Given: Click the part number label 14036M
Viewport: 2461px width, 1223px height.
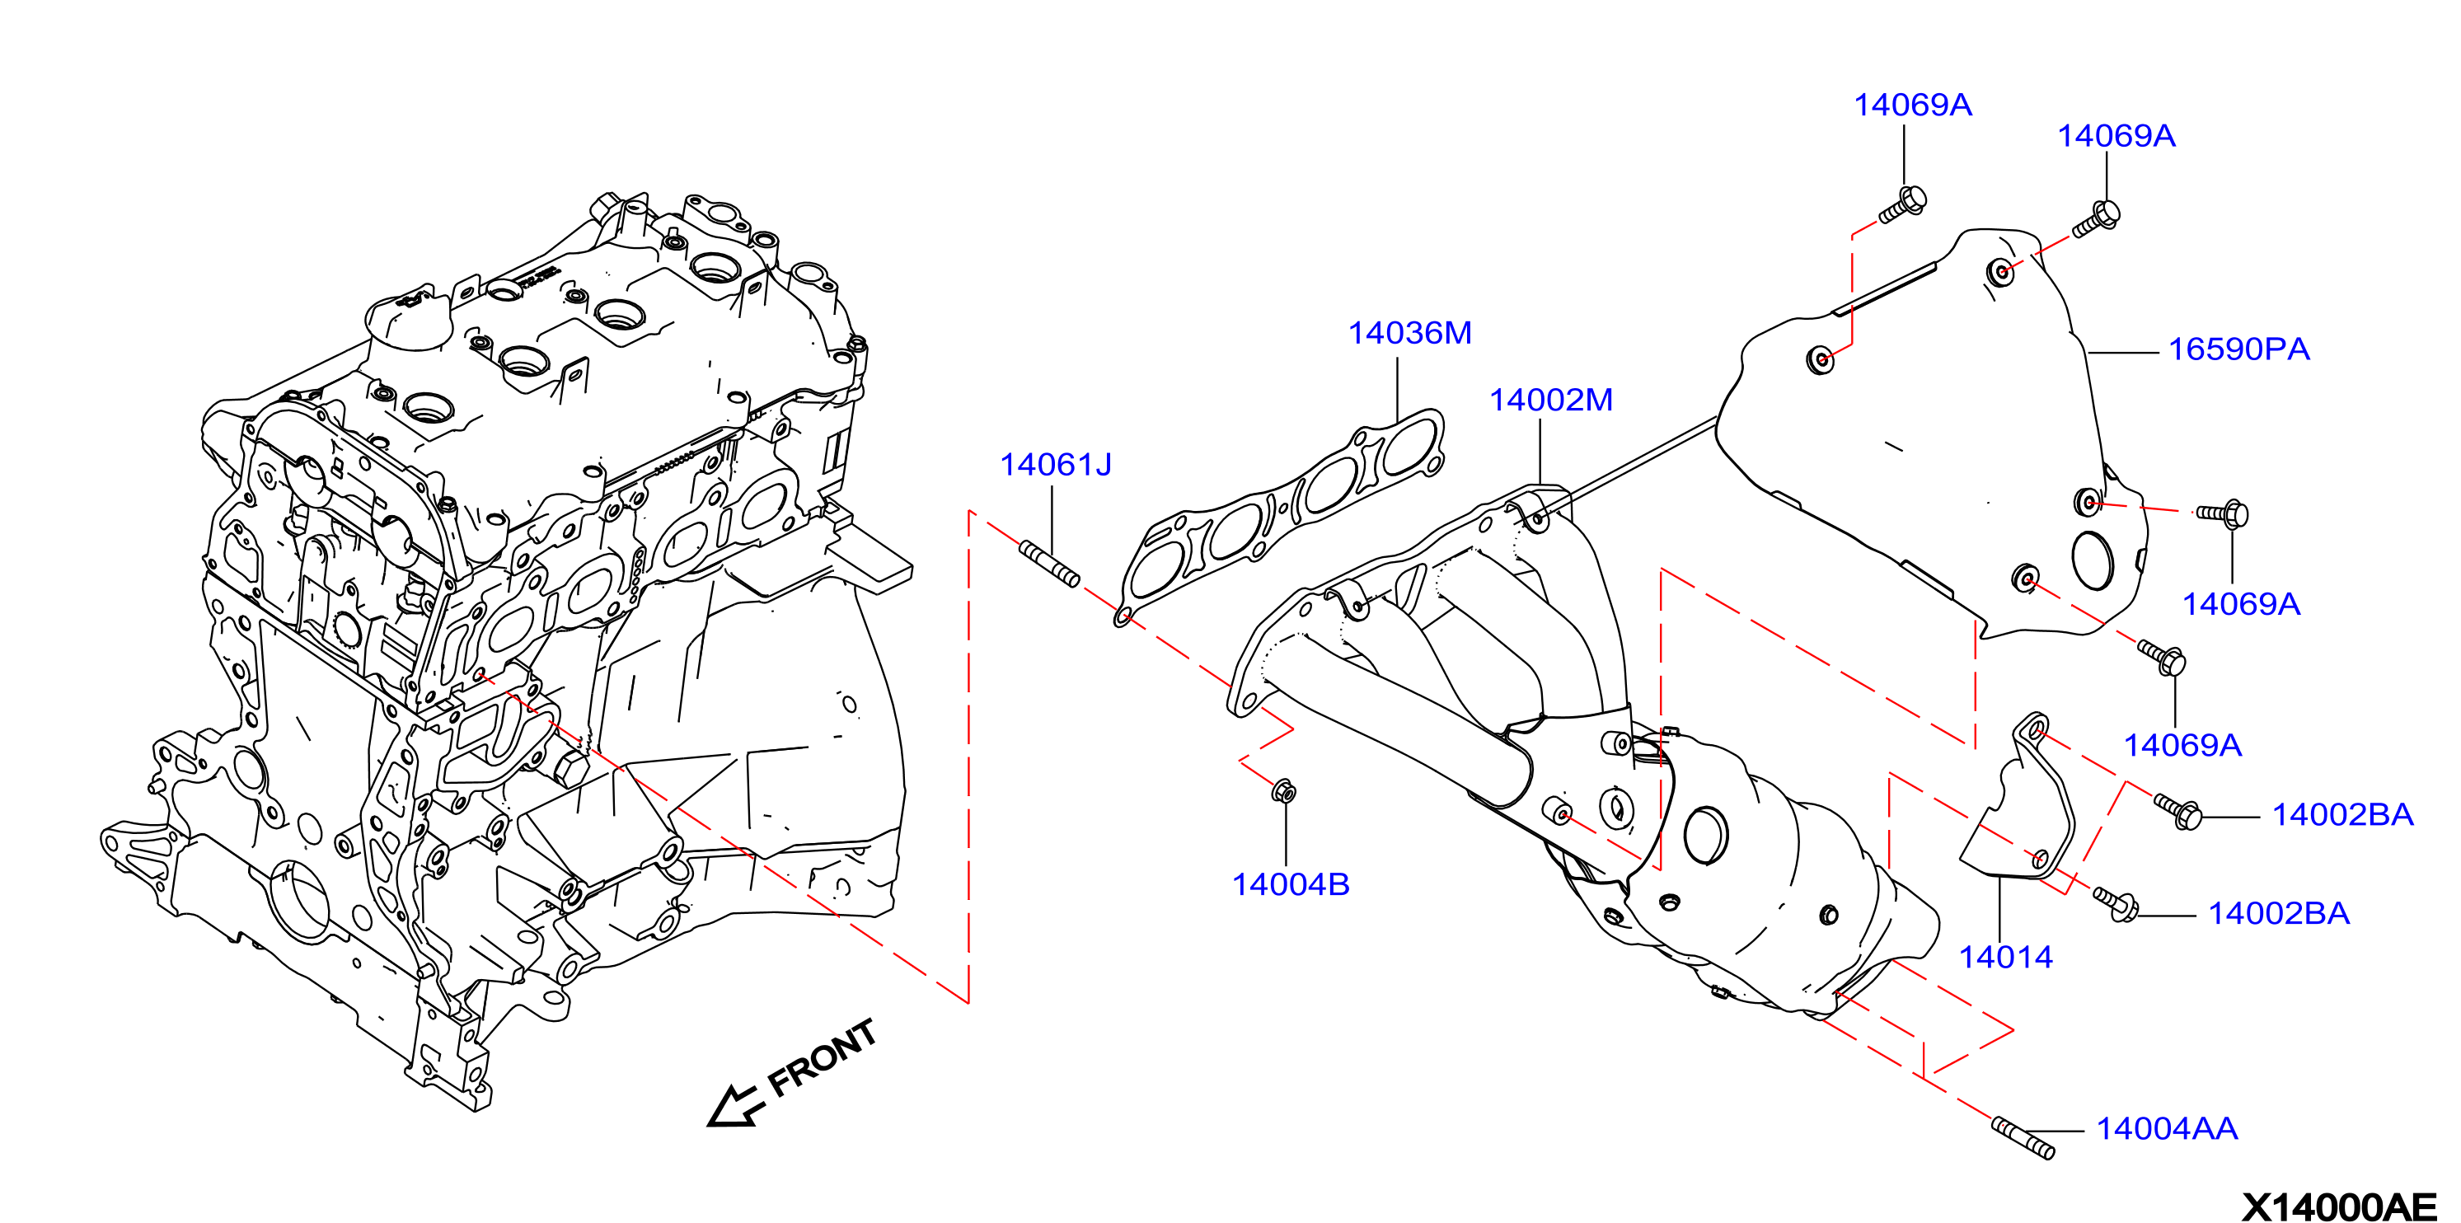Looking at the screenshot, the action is point(1409,334).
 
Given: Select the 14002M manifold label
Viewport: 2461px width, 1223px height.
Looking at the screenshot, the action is point(1550,401).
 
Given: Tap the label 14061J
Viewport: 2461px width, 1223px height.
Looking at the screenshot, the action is point(1055,466).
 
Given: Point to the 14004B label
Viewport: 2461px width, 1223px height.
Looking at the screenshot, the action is point(1291,885).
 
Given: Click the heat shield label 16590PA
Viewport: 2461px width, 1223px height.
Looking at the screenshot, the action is point(2238,349).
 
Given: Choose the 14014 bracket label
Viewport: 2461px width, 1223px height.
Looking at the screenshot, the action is point(2005,958).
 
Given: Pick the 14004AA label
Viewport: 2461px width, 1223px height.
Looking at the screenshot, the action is point(2167,1129).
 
